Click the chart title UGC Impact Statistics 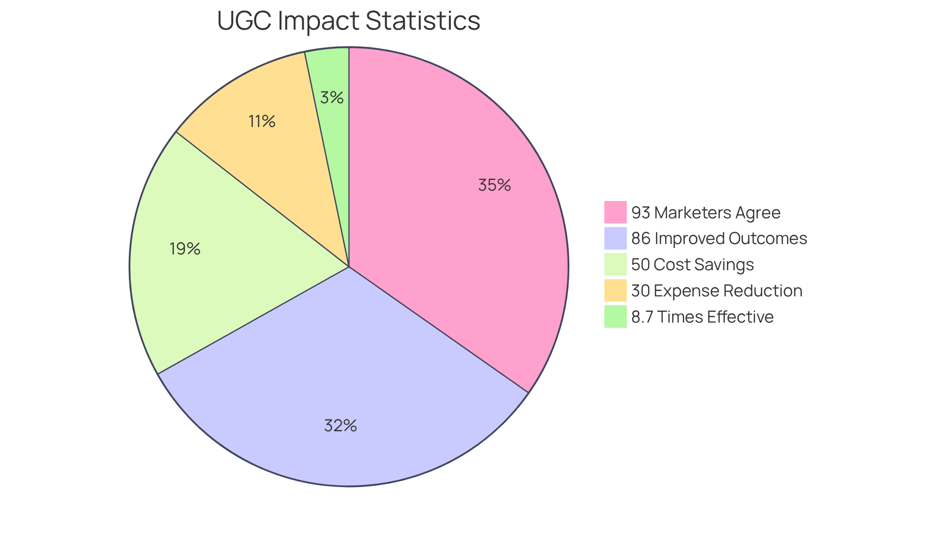pos(349,21)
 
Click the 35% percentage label pos(494,185)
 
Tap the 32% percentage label pos(340,425)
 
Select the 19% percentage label pos(185,248)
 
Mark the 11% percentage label pos(262,121)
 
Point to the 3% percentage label pos(331,97)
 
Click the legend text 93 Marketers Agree pos(706,212)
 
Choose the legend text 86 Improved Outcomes pos(719,238)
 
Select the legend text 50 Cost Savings pos(692,264)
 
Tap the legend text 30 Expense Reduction pos(716,290)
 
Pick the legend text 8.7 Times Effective pos(702,317)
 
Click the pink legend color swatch pos(615,212)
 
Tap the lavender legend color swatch pos(615,238)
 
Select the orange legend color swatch pos(615,290)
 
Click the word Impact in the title pos(319,21)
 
